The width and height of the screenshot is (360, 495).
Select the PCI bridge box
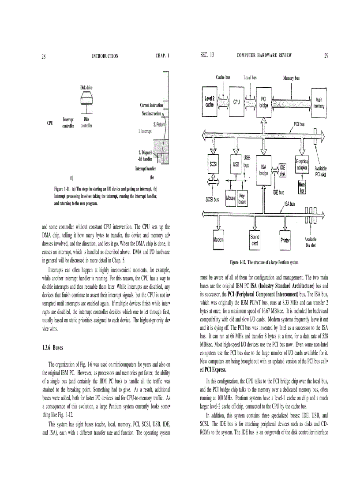pos(264,102)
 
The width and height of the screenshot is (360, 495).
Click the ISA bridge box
pos(264,170)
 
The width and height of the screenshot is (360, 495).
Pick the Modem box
pos(219,240)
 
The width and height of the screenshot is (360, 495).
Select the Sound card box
pos(255,240)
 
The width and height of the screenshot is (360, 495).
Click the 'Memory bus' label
pos(291,78)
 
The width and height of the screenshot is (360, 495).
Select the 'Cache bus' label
pos(223,78)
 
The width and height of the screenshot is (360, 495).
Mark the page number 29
pos(326,56)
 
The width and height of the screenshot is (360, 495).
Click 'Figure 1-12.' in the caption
pos(240,262)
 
